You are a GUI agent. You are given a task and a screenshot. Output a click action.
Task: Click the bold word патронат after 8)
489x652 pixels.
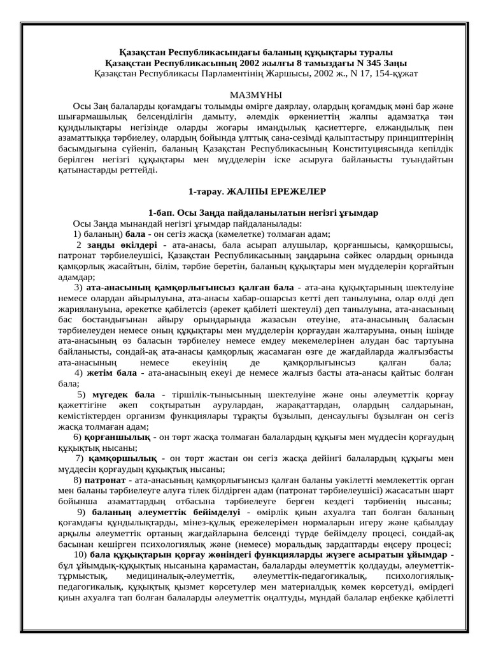pyautogui.click(x=104, y=480)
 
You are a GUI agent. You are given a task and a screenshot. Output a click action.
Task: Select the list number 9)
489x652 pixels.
pyautogui.click(x=83, y=513)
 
